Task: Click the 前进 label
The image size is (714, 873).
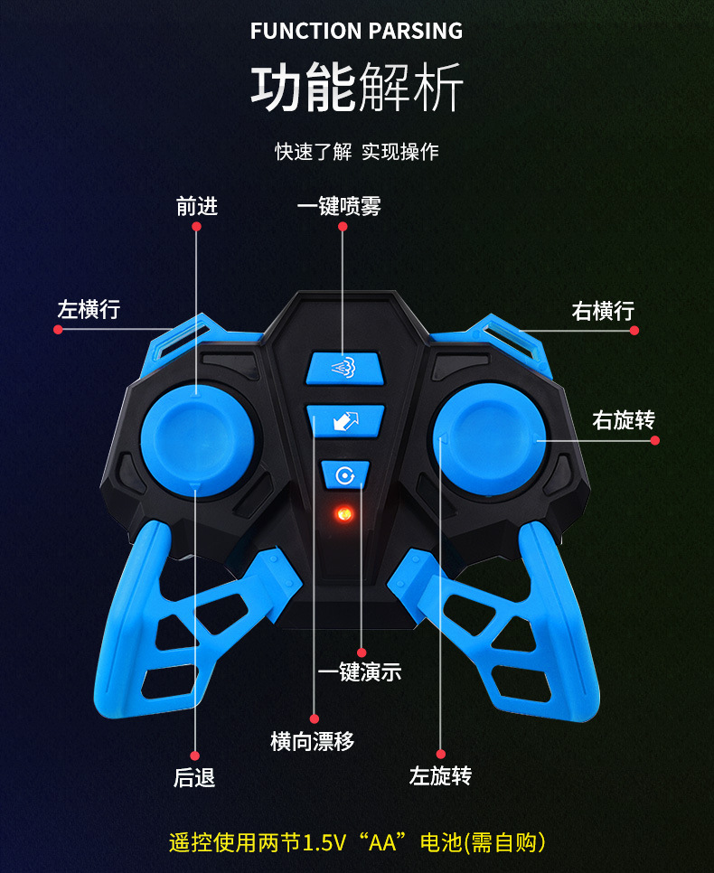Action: click(x=197, y=207)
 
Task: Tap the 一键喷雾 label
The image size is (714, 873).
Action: click(x=339, y=207)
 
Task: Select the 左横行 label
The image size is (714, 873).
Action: click(x=89, y=309)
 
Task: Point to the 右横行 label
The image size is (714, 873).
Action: click(x=603, y=311)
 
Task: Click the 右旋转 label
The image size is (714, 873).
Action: click(x=624, y=420)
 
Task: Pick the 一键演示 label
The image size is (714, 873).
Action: click(x=360, y=672)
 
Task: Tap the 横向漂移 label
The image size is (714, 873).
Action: click(x=313, y=742)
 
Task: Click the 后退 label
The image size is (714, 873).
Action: click(x=194, y=776)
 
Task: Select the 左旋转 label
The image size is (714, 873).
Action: click(x=440, y=776)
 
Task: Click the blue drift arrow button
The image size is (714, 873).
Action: click(x=346, y=421)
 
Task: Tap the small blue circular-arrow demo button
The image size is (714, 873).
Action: click(x=345, y=474)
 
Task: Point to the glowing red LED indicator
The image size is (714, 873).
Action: click(x=343, y=514)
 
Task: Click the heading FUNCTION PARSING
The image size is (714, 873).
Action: click(x=356, y=31)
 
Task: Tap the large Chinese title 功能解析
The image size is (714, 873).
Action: click(x=356, y=89)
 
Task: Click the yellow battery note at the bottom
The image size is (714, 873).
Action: click(x=357, y=842)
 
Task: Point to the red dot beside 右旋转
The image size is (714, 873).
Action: click(x=655, y=440)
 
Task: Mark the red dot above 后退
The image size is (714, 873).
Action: click(x=194, y=755)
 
